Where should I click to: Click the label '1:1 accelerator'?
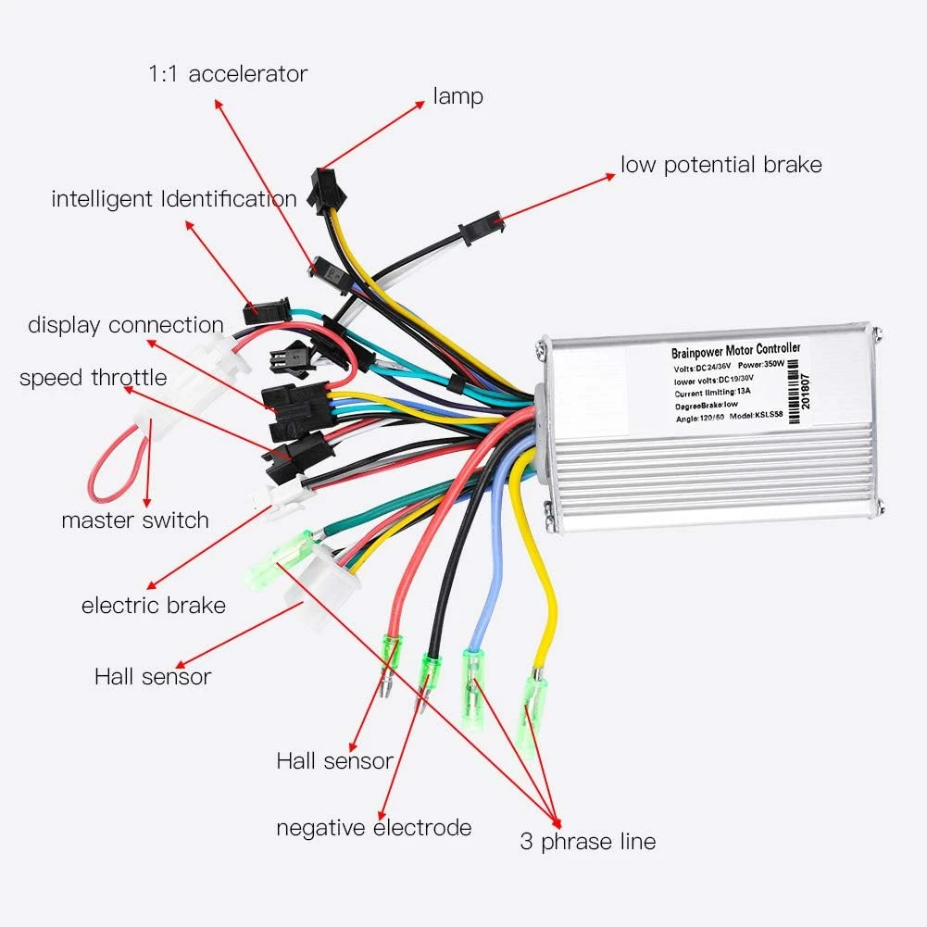coord(227,73)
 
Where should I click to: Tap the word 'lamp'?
coord(457,95)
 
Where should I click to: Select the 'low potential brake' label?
coord(721,165)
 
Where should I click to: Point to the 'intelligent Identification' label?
coord(174,198)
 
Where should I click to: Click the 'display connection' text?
coord(126,325)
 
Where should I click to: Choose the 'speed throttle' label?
coord(94,378)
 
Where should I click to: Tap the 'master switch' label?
coord(135,520)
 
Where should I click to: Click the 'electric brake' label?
coord(154,606)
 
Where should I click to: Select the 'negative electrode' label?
coord(374,827)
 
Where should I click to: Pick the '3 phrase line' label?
coord(587,842)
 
